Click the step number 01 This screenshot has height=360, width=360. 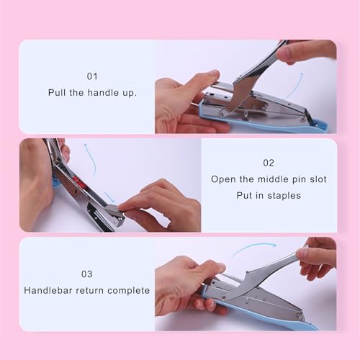pos(92,76)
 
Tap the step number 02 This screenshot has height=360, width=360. pos(269,163)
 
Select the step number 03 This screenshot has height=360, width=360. pos(86,274)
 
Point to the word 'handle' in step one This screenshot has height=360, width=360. pos(103,92)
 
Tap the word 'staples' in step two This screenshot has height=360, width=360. pos(284,196)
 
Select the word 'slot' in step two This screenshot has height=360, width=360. pos(318,179)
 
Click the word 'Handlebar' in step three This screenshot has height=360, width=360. pos(48,290)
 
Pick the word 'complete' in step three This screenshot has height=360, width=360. pos(128,291)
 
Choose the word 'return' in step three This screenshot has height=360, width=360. pos(89,291)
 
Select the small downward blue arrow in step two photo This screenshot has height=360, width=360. pos(109,197)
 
